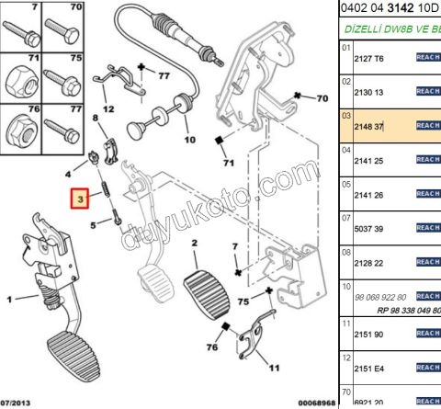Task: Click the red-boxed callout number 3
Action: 80,199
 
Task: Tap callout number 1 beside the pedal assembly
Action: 8,299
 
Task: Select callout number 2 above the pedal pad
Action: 195,243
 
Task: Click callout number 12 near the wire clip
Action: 107,108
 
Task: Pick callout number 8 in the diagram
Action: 94,119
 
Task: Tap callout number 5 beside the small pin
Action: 94,223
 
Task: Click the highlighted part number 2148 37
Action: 369,124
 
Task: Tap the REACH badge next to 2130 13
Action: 428,91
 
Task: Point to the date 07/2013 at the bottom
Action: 20,403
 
